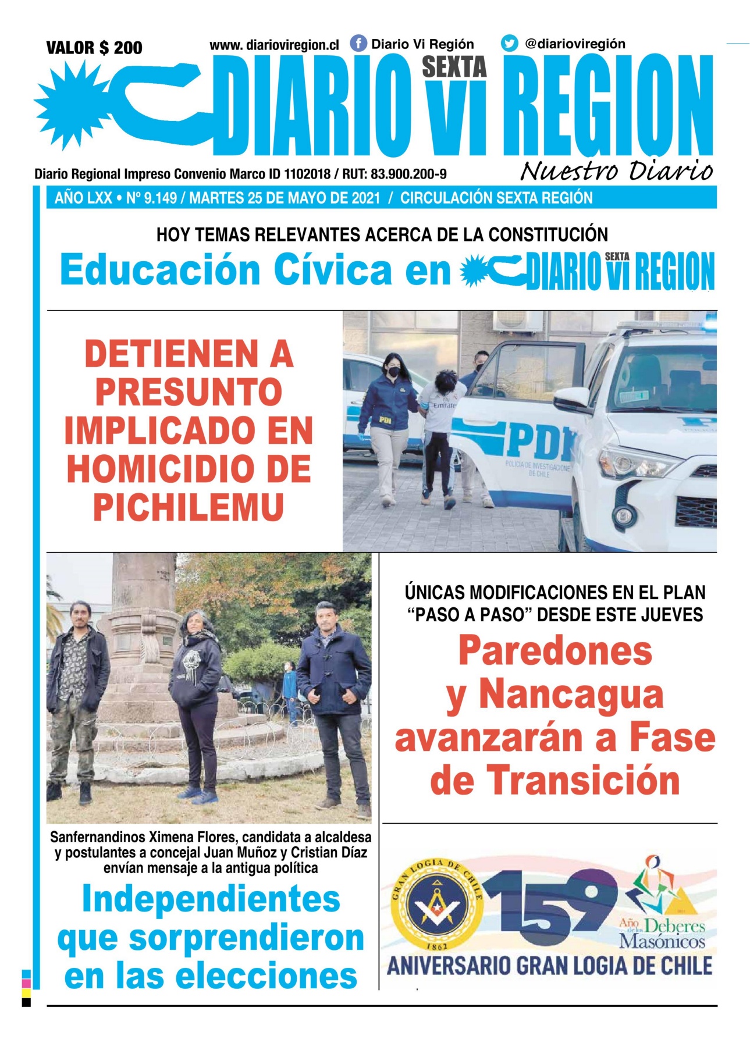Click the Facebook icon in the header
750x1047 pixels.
coord(358,44)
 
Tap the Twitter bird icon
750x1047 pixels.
coord(509,44)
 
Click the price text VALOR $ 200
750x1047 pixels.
coord(94,48)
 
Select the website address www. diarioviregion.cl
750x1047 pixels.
coord(274,45)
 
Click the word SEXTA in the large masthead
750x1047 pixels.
coord(454,67)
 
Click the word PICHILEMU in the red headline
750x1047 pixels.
coord(189,507)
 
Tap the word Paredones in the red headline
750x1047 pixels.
coord(555,651)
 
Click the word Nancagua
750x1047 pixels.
coord(571,695)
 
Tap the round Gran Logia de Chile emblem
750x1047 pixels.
coord(436,906)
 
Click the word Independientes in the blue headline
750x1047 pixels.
coord(211,899)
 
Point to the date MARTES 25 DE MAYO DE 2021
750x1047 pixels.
coord(285,198)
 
